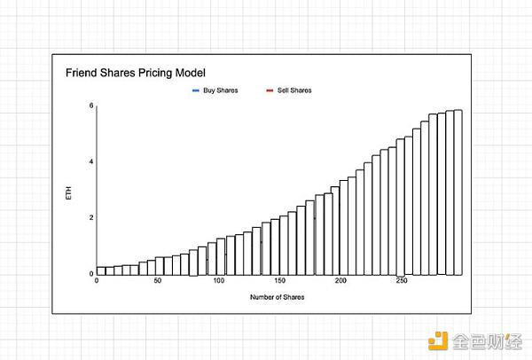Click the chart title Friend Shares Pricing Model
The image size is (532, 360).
(136, 72)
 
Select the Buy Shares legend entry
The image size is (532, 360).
(220, 90)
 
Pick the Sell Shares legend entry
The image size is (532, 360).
(294, 90)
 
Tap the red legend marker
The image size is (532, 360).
(270, 90)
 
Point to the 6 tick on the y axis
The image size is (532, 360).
(90, 106)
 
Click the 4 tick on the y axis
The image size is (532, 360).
(90, 161)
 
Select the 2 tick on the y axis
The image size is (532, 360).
(90, 217)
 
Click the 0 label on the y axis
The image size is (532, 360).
(90, 273)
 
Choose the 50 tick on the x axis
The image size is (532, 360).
(158, 282)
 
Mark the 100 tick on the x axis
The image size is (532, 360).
(219, 282)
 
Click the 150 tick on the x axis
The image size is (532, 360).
(280, 282)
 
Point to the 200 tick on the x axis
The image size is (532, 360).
(341, 282)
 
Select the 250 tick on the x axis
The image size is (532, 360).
(402, 282)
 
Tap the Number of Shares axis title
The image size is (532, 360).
(278, 297)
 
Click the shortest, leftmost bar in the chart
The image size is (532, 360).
(101, 270)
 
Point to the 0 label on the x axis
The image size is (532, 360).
(97, 282)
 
